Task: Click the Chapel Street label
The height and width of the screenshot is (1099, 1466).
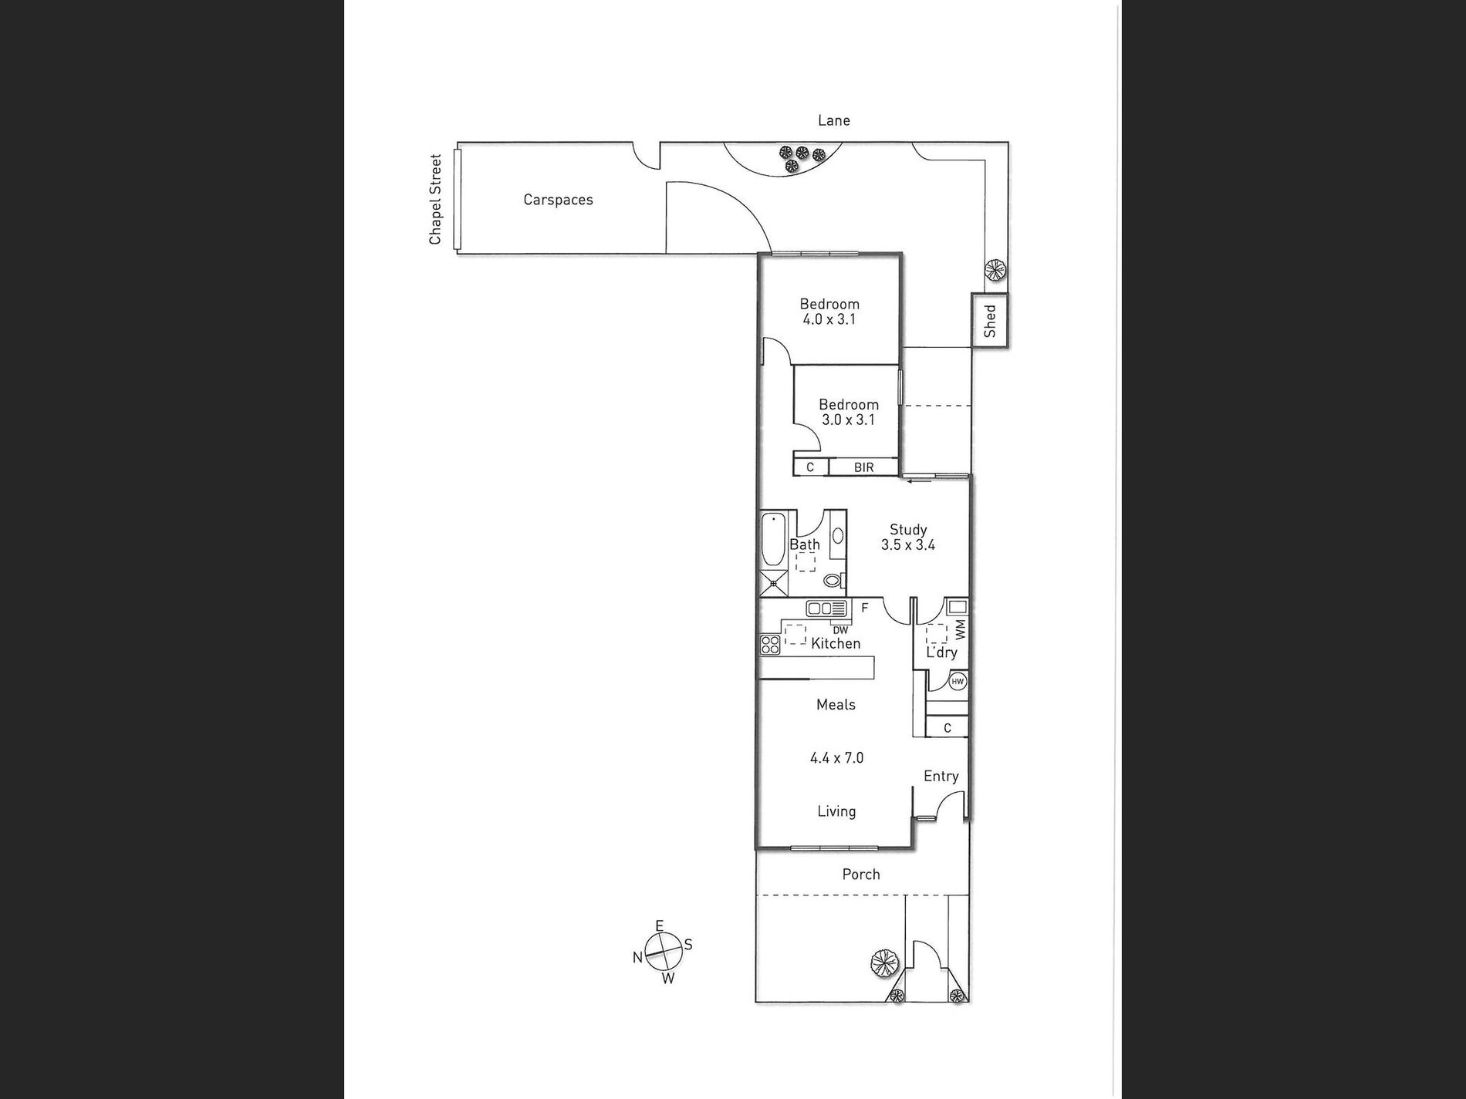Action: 435,200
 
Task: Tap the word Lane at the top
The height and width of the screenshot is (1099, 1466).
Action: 833,120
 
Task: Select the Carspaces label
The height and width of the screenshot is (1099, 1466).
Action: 558,200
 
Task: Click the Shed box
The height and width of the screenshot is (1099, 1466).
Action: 990,321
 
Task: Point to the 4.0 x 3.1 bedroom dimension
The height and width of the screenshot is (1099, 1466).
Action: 829,319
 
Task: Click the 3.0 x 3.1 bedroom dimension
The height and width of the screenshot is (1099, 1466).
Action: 848,420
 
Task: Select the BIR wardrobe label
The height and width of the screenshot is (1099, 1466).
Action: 863,467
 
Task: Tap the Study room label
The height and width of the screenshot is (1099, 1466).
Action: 908,530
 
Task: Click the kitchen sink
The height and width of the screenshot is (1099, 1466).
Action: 826,608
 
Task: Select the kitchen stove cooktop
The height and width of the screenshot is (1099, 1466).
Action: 770,644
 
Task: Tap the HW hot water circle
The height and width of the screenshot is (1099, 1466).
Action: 958,682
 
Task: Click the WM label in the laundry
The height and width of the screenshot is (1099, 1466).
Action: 960,630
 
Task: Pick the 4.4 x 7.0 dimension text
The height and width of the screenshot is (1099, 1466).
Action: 836,758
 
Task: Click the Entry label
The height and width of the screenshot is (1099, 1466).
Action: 941,777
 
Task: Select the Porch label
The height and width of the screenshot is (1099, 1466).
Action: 861,875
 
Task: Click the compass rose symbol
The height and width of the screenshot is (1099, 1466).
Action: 663,952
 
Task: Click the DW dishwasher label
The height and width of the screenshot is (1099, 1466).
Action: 840,630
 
